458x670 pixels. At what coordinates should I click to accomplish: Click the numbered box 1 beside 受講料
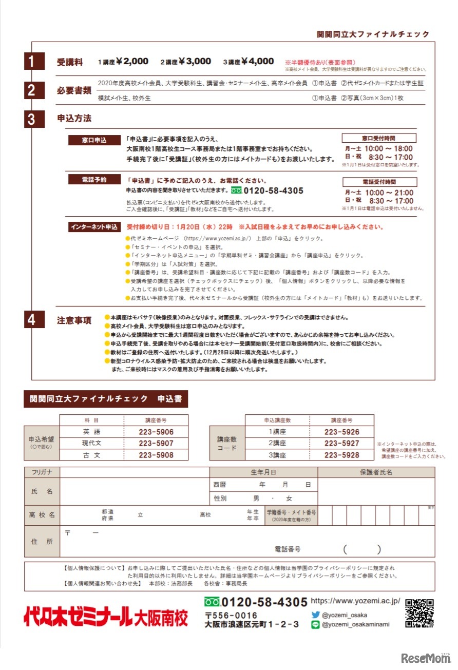click(31, 62)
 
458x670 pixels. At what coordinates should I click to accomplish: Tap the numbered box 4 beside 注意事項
click(31, 320)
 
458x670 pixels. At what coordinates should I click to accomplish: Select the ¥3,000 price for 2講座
click(192, 62)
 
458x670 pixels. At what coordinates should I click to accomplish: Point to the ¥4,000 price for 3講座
click(255, 62)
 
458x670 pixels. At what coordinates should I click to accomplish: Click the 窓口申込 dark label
click(94, 140)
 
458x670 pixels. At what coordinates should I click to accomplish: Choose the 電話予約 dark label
click(94, 180)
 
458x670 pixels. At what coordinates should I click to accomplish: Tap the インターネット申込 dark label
click(94, 226)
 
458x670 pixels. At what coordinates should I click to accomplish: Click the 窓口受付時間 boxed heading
click(379, 138)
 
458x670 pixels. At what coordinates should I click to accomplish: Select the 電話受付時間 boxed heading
click(379, 182)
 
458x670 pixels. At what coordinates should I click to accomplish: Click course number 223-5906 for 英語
click(156, 432)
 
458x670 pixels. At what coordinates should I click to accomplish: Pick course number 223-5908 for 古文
click(156, 455)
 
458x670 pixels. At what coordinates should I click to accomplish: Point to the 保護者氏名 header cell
click(376, 472)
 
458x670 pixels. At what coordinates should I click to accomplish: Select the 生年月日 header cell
click(263, 472)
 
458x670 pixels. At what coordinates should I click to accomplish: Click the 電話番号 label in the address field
click(288, 549)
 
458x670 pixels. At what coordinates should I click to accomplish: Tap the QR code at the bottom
click(419, 614)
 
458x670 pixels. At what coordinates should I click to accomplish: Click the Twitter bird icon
click(315, 615)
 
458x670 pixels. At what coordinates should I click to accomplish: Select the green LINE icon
click(315, 625)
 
